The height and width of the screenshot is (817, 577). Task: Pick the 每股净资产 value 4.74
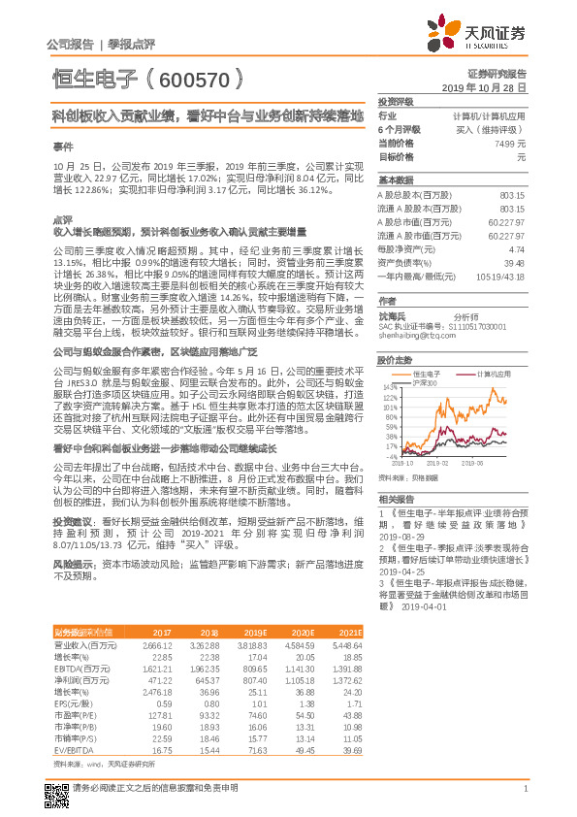516,249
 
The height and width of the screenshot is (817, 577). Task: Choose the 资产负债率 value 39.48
514,263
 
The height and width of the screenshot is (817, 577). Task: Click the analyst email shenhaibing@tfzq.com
411,336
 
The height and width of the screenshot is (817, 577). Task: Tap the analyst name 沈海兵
393,316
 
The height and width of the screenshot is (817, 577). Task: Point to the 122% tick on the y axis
390,398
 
